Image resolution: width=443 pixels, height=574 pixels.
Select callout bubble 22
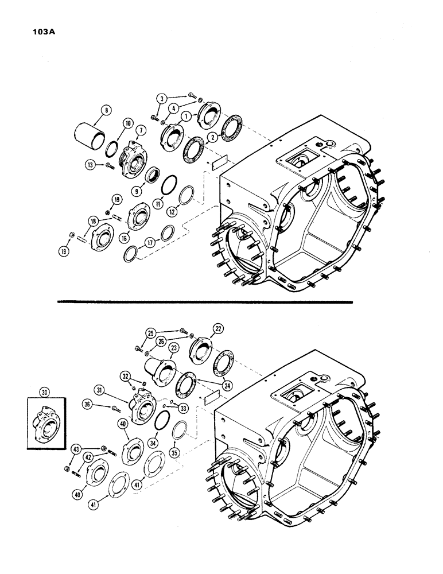[218, 328]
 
